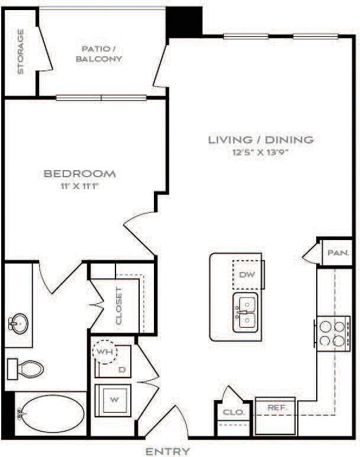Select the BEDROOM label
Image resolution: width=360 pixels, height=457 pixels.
click(79, 174)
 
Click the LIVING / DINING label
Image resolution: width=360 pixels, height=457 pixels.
click(261, 140)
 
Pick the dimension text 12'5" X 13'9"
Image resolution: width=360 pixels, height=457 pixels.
click(261, 152)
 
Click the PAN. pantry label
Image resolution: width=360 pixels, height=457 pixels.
click(338, 252)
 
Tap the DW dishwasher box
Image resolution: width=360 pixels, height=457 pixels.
click(247, 274)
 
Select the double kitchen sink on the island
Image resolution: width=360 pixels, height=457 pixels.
click(245, 312)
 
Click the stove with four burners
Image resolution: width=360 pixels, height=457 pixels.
click(331, 333)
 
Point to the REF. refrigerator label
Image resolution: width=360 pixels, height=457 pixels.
click(277, 408)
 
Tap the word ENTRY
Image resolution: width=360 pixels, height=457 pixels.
click(168, 451)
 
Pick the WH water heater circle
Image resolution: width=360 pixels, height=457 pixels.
click(106, 351)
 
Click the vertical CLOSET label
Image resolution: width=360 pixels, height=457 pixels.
click(120, 306)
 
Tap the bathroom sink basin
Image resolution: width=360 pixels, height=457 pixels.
click(18, 324)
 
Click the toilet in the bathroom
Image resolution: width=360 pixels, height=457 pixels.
click(27, 369)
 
